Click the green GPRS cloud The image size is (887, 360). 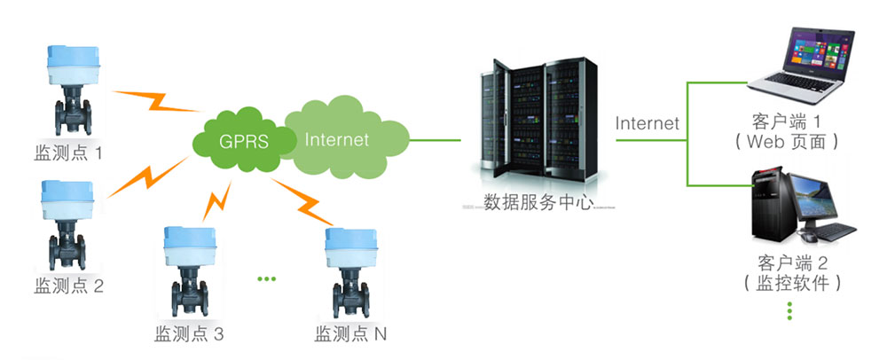click(242, 139)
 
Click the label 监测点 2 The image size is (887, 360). click(68, 286)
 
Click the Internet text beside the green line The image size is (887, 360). click(648, 123)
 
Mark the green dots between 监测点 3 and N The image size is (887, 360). click(267, 279)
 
